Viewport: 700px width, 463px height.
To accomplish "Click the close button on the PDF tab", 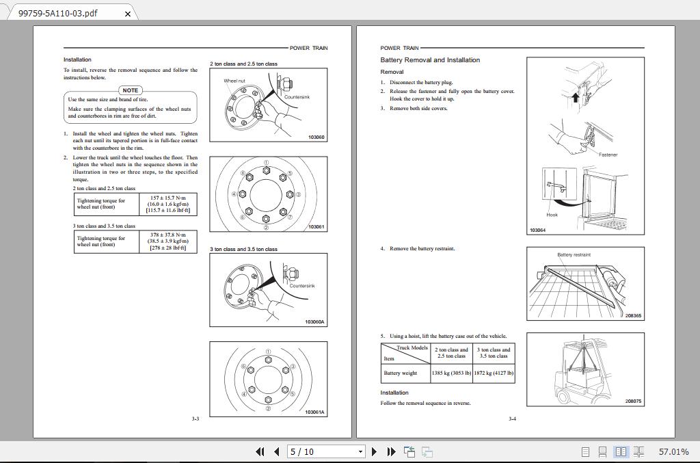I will tap(127, 14).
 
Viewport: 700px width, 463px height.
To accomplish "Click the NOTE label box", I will tap(130, 90).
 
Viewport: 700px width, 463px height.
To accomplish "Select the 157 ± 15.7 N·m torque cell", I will tap(167, 204).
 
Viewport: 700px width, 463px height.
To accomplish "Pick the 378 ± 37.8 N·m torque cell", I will tap(167, 241).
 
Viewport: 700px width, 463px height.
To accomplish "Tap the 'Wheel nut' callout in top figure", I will tap(234, 81).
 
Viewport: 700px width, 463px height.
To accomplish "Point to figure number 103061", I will tap(316, 227).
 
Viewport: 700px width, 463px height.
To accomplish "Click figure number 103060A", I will tap(314, 322).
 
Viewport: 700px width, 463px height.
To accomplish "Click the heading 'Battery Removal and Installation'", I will tap(430, 60).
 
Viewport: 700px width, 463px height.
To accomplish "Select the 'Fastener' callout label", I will tap(608, 155).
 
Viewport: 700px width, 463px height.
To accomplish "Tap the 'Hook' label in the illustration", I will tap(552, 215).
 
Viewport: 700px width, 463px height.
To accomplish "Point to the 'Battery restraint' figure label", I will tap(574, 254).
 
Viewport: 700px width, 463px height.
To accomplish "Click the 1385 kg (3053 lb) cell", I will tap(451, 373).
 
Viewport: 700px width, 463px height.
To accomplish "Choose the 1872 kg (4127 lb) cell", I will tap(494, 373).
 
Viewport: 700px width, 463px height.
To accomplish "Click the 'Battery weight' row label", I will tap(401, 373).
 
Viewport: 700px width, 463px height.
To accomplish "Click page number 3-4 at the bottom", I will tap(512, 419).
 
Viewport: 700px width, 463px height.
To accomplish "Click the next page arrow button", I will tap(374, 451).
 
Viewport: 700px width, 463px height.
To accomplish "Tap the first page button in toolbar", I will tap(260, 451).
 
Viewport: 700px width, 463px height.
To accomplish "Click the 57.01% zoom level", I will tap(673, 451).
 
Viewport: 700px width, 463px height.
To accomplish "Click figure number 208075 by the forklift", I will tap(633, 401).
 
